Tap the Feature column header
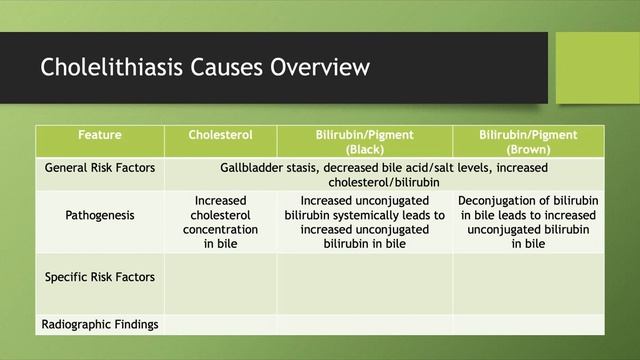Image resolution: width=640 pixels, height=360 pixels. tap(100, 134)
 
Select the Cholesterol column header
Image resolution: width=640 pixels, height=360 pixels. tap(220, 134)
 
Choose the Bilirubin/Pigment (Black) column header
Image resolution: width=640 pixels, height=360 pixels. tap(365, 141)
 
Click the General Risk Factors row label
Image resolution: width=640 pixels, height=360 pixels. tap(100, 168)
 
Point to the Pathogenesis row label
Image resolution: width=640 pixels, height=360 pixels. tap(100, 215)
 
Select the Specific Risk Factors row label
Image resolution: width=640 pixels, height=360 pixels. tap(100, 277)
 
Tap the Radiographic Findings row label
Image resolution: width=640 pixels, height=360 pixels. tap(100, 324)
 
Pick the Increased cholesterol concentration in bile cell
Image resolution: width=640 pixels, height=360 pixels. tap(220, 221)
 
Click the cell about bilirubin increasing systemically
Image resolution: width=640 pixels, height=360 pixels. tap(365, 221)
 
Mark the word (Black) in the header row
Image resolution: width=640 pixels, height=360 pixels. tap(365, 149)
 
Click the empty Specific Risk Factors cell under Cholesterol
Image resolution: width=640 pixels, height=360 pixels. tap(220, 283)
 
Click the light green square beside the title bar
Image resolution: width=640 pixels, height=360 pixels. tap(597, 67)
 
